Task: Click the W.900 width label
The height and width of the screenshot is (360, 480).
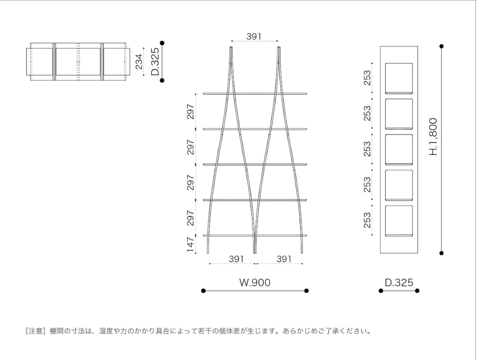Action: [255, 282]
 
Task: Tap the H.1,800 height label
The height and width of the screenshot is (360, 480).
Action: [433, 136]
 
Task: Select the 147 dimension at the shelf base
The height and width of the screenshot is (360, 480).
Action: [190, 245]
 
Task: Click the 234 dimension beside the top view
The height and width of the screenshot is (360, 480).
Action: [139, 61]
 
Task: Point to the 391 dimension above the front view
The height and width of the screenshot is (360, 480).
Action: [254, 37]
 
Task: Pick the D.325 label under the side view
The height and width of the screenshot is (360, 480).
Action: [399, 282]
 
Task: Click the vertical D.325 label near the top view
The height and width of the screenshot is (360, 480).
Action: [155, 61]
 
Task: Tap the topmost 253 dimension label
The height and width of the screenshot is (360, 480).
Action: [367, 78]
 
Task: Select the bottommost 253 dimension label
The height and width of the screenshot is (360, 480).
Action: [367, 220]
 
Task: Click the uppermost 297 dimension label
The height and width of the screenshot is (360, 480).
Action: [190, 112]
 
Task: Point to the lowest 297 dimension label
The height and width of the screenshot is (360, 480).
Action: [190, 217]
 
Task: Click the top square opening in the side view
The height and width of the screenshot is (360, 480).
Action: [399, 78]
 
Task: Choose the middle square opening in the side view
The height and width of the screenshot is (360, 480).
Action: [399, 150]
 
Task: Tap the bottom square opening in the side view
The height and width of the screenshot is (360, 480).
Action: [399, 221]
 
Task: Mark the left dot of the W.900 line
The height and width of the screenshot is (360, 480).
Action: [203, 291]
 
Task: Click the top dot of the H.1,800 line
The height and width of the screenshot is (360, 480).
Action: [442, 46]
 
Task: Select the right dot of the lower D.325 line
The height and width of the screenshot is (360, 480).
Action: [417, 291]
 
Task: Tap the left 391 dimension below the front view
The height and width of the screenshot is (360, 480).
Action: [236, 259]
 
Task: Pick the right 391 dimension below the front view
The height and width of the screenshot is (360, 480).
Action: [284, 259]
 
